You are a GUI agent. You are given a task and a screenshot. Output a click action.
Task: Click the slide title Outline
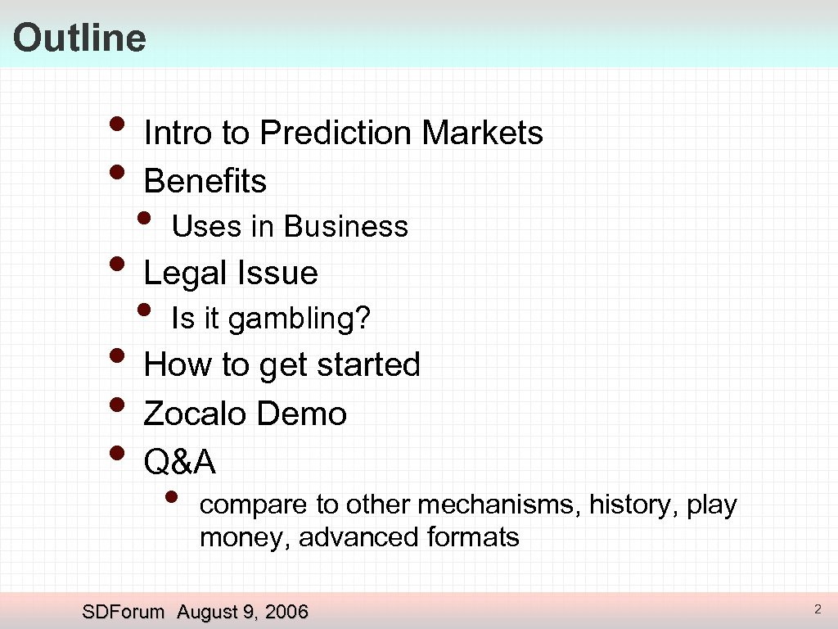79,38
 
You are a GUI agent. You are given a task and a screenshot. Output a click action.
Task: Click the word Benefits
205,181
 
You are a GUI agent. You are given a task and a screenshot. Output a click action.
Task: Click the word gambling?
300,319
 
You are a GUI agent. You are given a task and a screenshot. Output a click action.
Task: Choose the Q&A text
179,463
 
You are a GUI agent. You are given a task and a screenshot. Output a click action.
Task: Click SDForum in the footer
124,612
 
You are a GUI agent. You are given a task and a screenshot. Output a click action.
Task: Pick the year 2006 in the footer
286,612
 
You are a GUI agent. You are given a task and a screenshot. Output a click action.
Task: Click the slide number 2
817,609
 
